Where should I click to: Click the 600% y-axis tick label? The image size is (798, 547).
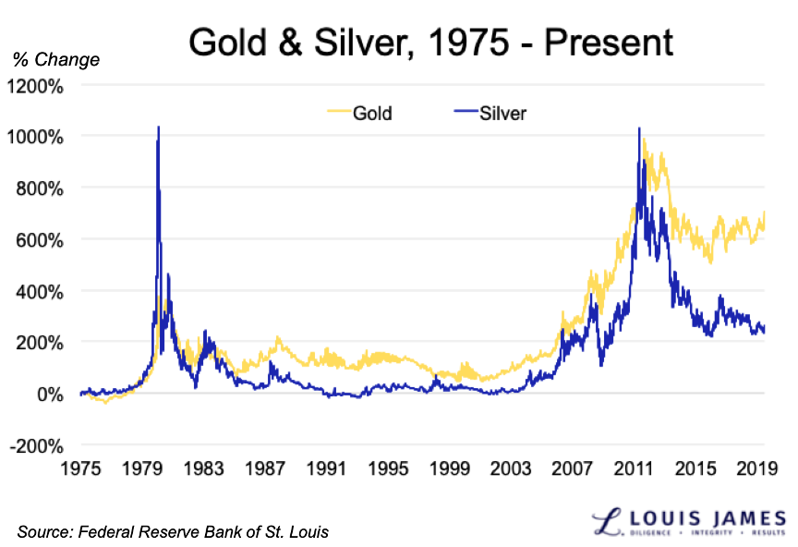(x=42, y=239)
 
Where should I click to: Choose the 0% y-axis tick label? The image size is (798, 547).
(x=51, y=394)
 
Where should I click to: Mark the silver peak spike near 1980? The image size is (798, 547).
(x=159, y=128)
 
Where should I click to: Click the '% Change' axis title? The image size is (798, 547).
(x=55, y=61)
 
